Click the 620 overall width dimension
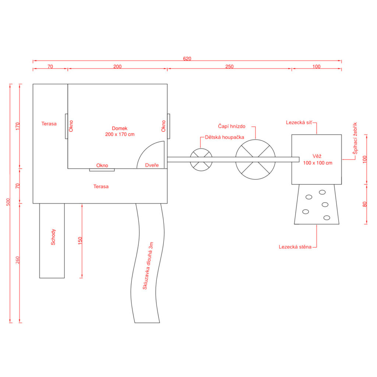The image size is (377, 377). coord(187,59)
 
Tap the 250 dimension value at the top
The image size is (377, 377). coord(229,66)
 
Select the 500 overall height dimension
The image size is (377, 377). coord(8,202)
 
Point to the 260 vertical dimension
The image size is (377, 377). coord(18,260)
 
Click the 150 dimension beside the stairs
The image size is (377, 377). coord(80,241)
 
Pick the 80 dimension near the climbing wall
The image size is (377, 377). coord(365,204)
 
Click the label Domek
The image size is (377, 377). coord(120,128)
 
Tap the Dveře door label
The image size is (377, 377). coord(152,165)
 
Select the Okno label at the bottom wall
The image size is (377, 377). coord(102,165)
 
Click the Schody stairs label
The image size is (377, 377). coord(53,237)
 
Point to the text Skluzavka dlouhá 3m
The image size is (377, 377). coord(148,266)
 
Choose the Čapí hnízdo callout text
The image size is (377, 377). coord(232,126)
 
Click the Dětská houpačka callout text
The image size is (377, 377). coord(224,137)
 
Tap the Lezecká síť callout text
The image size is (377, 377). coord(299,122)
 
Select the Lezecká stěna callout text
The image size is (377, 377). coord(295,247)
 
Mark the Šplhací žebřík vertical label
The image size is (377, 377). coord(355,138)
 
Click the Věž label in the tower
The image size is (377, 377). coord(317,156)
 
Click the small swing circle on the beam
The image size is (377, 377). coord(201,149)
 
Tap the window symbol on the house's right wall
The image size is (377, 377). coord(169,126)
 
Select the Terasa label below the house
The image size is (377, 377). coord(101,187)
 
